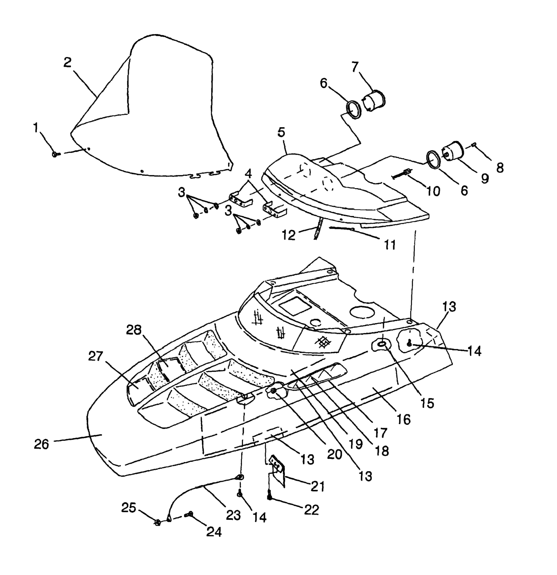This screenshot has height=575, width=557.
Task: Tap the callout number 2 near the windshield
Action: point(68,62)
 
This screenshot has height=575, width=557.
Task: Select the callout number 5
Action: point(281,132)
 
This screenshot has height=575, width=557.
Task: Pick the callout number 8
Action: point(500,168)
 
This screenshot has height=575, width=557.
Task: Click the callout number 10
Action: point(433,191)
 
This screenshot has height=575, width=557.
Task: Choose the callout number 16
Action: point(404,420)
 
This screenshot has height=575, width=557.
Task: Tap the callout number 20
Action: point(334,454)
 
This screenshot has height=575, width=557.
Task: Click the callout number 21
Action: point(317,486)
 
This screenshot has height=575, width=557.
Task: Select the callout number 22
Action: point(311,510)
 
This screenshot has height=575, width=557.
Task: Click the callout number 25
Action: point(129,507)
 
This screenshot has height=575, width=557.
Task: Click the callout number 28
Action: point(134,330)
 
